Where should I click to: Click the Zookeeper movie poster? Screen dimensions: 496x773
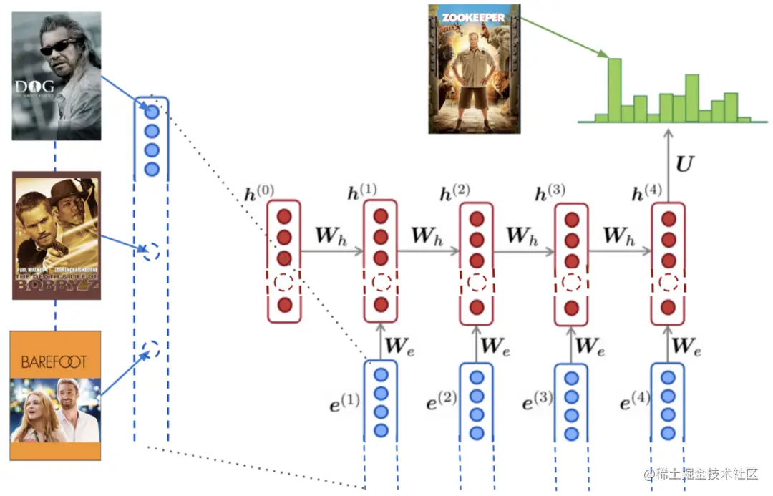pos(475,69)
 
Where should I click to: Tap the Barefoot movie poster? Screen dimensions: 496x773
pos(55,395)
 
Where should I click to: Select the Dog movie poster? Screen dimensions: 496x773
pos(56,76)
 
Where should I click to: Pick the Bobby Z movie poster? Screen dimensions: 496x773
pos(56,235)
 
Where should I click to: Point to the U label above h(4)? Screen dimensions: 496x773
pos(684,164)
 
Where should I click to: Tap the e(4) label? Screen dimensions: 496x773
pos(633,402)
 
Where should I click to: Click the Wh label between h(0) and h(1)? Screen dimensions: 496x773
pos(331,235)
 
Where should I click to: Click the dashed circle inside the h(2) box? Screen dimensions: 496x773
pos(477,282)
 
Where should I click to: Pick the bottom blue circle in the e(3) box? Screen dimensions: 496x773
pos(572,433)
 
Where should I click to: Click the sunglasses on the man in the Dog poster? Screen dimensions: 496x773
pos(58,47)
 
